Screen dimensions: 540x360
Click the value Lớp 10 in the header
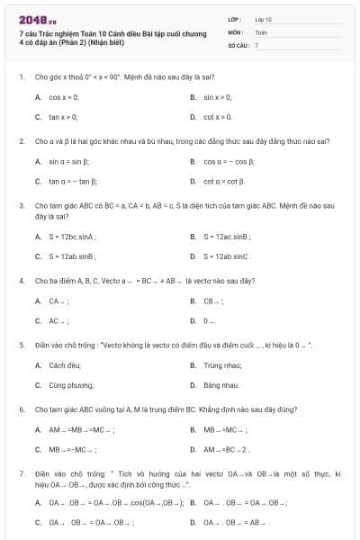point(263,18)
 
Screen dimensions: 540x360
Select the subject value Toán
point(261,31)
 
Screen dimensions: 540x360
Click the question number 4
point(21,281)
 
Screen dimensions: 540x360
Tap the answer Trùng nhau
point(222,365)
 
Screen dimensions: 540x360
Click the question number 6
point(21,409)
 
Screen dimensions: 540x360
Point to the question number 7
point(21,473)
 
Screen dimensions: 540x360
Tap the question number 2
point(21,141)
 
